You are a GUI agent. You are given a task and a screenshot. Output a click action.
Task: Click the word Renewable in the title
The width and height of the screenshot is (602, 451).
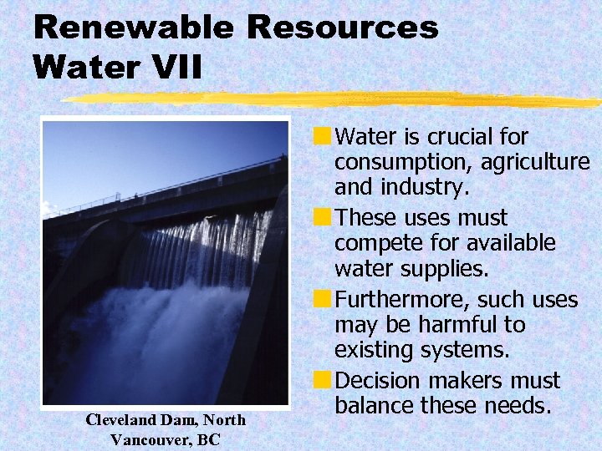(x=132, y=28)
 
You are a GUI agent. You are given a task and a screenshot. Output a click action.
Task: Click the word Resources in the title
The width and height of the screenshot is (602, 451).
(x=342, y=28)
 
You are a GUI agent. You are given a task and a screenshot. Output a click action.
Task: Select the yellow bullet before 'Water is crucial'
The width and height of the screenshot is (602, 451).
(x=321, y=135)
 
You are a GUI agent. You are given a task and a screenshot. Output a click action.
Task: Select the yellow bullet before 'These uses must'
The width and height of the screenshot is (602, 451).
(x=321, y=217)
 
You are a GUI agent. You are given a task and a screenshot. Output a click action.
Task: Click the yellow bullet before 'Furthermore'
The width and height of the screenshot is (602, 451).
(x=321, y=299)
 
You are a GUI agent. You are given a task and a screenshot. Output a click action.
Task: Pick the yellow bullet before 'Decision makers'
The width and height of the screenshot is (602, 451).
(x=321, y=381)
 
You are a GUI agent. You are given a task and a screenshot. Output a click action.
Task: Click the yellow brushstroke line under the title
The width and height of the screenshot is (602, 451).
(x=334, y=99)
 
